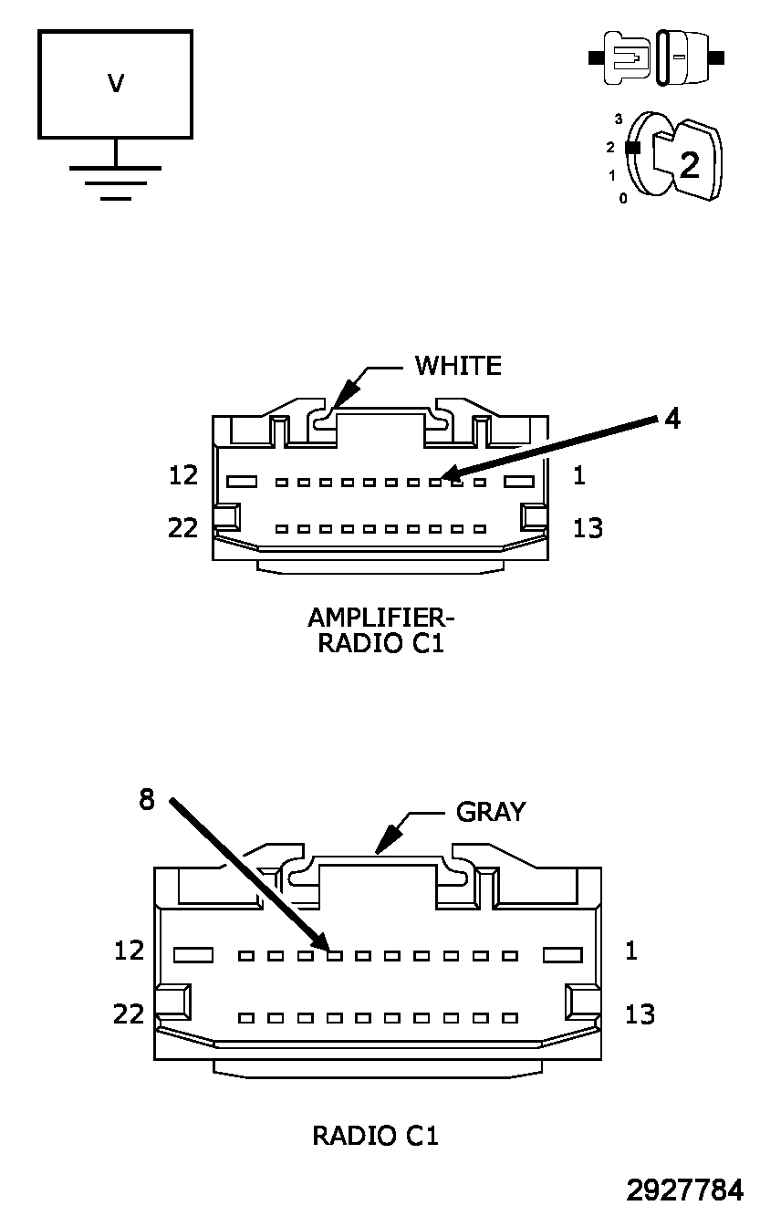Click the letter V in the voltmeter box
coord(116,84)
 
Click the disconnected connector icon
coord(656,57)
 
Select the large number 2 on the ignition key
coord(690,164)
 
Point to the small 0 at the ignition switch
coord(622,199)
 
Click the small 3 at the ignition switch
coord(619,119)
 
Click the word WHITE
coord(458,366)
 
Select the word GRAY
coord(491,812)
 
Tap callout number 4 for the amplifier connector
coord(672,419)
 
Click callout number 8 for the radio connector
coord(147,800)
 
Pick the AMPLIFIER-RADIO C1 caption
coord(381,630)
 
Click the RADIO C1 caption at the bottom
coord(375,1136)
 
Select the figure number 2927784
coord(684,1190)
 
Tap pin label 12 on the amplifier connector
coord(183,475)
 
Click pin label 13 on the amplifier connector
coord(588,528)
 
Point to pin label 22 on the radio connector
coord(129,1014)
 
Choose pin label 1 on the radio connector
coord(630,951)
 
